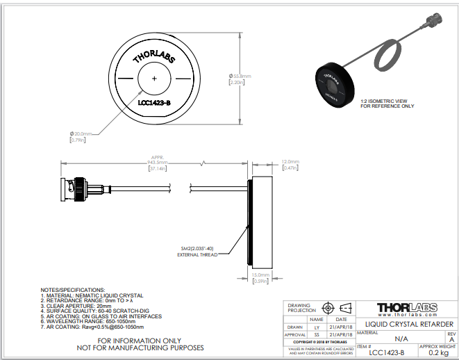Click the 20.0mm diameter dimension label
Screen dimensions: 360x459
click(x=81, y=133)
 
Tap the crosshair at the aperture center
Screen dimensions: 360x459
click(x=154, y=79)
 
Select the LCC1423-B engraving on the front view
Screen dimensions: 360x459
click(x=154, y=104)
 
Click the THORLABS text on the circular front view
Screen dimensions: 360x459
click(x=153, y=56)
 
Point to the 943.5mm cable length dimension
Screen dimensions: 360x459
click(x=158, y=163)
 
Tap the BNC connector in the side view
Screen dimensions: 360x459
click(x=76, y=186)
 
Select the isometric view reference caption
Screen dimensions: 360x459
click(x=387, y=104)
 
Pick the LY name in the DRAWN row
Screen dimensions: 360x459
click(x=317, y=326)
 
